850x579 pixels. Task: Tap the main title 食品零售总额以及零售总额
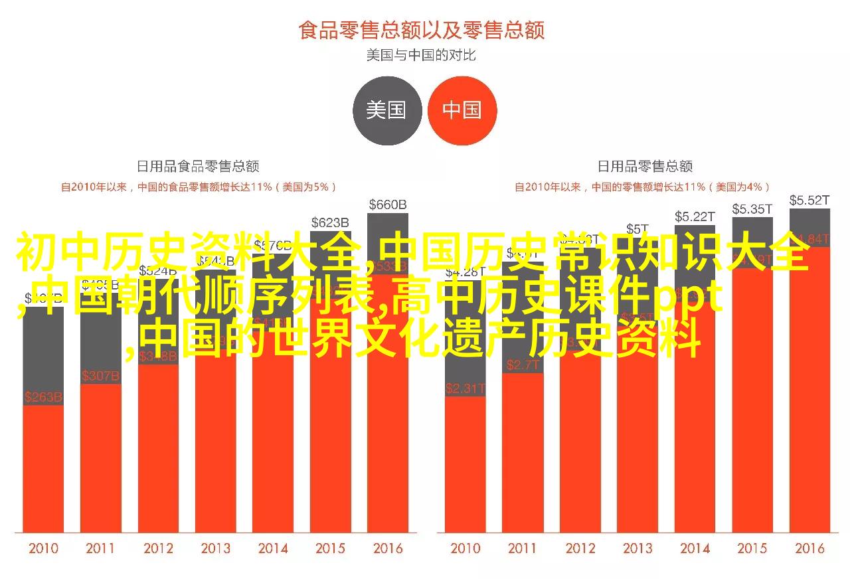pyautogui.click(x=422, y=31)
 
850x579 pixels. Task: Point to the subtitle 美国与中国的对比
pyautogui.click(x=422, y=55)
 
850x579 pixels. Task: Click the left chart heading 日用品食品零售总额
pyautogui.click(x=198, y=166)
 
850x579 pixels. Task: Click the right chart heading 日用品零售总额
pyautogui.click(x=645, y=166)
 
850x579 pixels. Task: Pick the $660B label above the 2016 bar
pyautogui.click(x=387, y=204)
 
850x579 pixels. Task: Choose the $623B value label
pyautogui.click(x=330, y=222)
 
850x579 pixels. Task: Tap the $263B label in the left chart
pyautogui.click(x=43, y=397)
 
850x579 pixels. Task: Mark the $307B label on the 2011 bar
pyautogui.click(x=100, y=376)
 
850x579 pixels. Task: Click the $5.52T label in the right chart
pyautogui.click(x=809, y=200)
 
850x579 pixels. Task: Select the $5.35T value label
pyautogui.click(x=752, y=209)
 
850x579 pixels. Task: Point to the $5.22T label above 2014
pyautogui.click(x=695, y=216)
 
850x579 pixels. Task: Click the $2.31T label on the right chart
pyautogui.click(x=466, y=388)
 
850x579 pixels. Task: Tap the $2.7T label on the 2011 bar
pyautogui.click(x=523, y=365)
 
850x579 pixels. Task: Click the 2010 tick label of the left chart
pyautogui.click(x=43, y=548)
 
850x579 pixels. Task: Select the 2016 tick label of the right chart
pyautogui.click(x=809, y=548)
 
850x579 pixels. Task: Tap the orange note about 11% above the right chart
pyautogui.click(x=642, y=187)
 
